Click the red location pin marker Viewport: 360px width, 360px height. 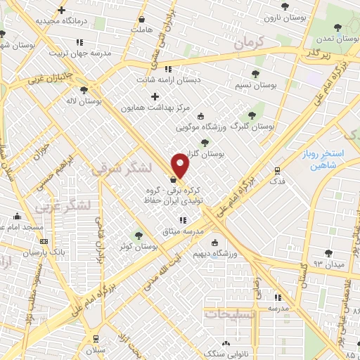pos(181,166)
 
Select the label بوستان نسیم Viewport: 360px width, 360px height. pos(253,85)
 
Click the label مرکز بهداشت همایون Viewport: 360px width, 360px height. pos(153,108)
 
